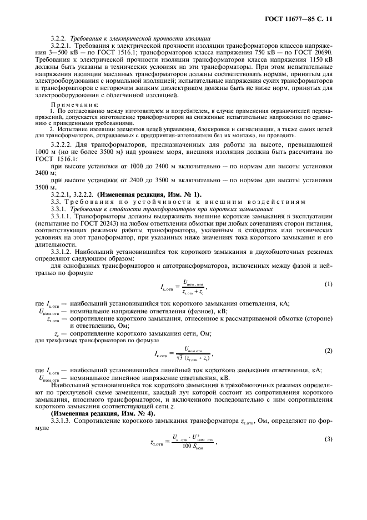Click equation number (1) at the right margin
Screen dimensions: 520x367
(x=328, y=285)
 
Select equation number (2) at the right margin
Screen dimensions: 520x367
(x=328, y=352)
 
